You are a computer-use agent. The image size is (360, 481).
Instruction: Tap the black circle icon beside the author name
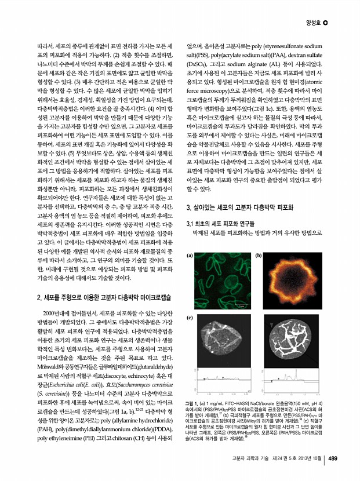[x=326, y=23]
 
